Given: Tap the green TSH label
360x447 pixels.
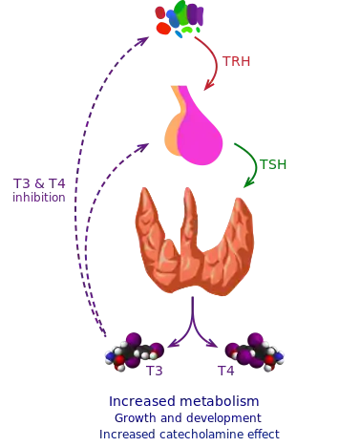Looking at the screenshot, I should tap(275, 164).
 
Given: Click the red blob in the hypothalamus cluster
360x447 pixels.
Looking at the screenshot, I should tap(163, 29).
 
